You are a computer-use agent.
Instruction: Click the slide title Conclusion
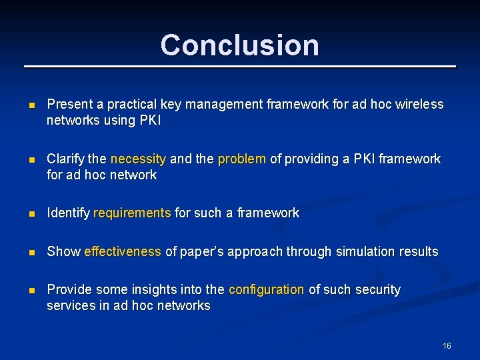click(x=239, y=45)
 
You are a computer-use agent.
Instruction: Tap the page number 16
click(x=447, y=345)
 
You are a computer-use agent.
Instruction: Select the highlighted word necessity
click(x=138, y=159)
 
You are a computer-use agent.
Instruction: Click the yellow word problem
click(x=242, y=159)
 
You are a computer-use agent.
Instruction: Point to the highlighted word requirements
click(x=132, y=213)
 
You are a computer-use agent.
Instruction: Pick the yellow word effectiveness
click(x=123, y=251)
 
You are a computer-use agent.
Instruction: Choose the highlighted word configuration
click(x=266, y=289)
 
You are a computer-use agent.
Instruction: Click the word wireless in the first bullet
click(x=421, y=104)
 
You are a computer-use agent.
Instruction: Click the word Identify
click(x=68, y=213)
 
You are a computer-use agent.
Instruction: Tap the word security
click(x=378, y=289)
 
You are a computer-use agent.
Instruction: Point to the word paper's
click(x=202, y=251)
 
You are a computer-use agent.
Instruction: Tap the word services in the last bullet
click(x=69, y=306)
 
